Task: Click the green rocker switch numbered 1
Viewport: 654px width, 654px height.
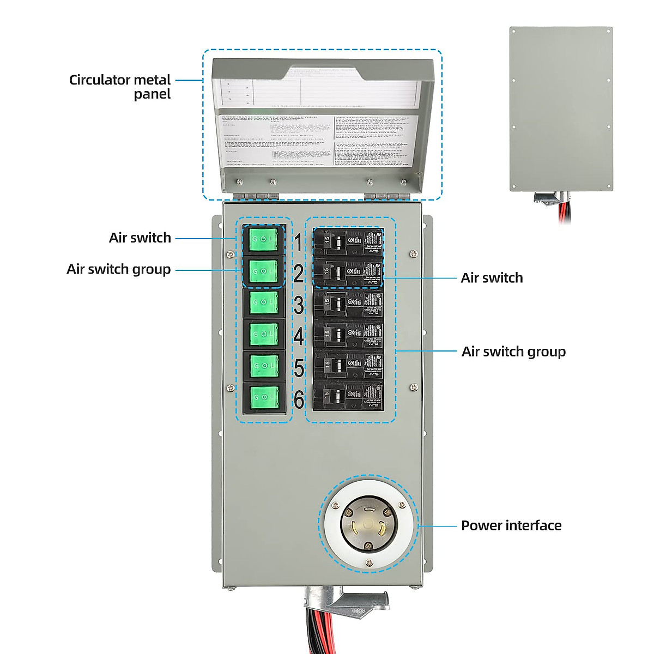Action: click(264, 240)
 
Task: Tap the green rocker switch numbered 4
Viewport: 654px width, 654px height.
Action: click(264, 334)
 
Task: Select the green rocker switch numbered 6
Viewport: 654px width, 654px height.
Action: click(264, 397)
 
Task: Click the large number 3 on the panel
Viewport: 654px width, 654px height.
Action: click(299, 305)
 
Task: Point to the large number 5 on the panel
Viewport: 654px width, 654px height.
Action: click(299, 368)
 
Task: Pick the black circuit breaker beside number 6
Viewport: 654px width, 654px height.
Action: click(348, 397)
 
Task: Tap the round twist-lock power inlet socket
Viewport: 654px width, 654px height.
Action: click(369, 524)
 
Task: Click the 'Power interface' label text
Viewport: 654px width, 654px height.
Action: click(511, 525)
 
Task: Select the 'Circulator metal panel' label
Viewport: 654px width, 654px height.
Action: click(120, 87)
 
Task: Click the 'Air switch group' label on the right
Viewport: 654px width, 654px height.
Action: click(513, 352)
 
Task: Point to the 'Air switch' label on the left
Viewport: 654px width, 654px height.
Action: click(140, 238)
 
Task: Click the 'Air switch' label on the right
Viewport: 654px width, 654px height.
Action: click(492, 278)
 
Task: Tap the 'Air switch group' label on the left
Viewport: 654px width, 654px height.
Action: click(119, 269)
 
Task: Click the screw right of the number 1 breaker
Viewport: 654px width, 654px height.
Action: click(414, 253)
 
